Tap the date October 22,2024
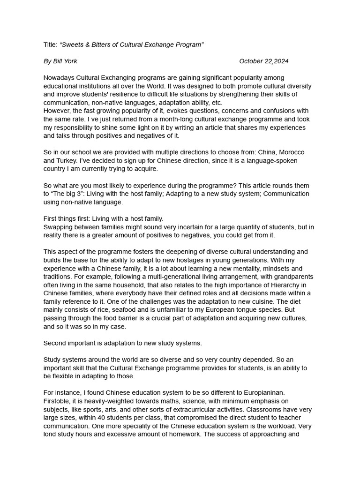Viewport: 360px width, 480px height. pyautogui.click(x=263, y=61)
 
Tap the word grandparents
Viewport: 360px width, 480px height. pyautogui.click(x=292, y=277)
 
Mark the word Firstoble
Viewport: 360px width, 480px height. pyautogui.click(x=58, y=401)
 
